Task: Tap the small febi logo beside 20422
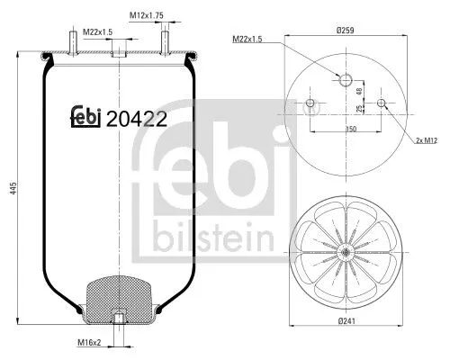(x=85, y=117)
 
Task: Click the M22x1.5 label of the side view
(x=97, y=33)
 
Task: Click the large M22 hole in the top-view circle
(x=345, y=80)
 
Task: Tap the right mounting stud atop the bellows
(x=166, y=41)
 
